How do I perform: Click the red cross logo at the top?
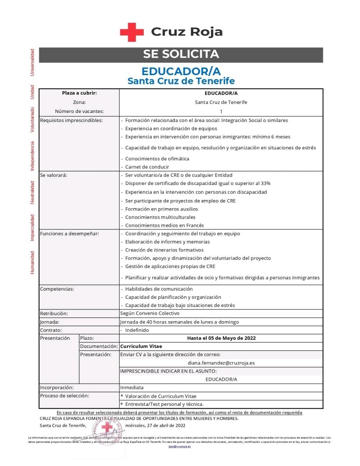(x=132, y=32)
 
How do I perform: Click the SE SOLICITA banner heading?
(x=181, y=54)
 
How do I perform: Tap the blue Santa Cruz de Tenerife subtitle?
(x=181, y=81)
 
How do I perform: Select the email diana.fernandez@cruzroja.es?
(x=221, y=363)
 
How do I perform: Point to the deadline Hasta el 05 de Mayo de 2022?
(x=221, y=338)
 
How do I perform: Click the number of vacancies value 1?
(x=221, y=111)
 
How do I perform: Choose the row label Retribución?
(x=54, y=313)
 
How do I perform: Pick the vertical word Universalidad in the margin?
(x=32, y=62)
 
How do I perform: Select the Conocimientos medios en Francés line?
(x=164, y=225)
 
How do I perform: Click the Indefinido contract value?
(x=137, y=330)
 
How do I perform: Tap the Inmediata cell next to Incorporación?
(x=132, y=387)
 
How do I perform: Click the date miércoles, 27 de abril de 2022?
(x=155, y=425)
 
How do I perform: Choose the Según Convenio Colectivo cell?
(x=150, y=313)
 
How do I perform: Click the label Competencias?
(x=57, y=289)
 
